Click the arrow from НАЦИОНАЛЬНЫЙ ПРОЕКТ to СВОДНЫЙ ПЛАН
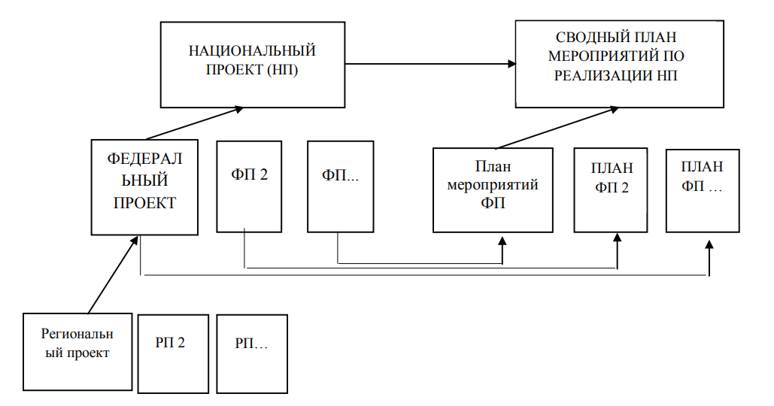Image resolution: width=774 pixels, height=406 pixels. tap(430, 64)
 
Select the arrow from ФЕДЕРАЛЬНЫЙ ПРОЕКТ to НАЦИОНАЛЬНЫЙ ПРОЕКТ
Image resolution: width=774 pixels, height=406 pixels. tap(195, 123)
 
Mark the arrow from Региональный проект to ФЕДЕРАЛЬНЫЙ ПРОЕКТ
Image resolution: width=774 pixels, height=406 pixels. tap(113, 274)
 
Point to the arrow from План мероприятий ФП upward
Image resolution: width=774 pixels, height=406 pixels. tap(557, 127)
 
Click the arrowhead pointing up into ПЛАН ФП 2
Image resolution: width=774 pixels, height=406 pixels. tap(617, 238)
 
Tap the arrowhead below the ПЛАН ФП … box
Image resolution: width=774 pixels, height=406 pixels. tap(709, 245)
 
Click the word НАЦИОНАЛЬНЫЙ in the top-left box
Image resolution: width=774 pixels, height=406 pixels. tap(252, 51)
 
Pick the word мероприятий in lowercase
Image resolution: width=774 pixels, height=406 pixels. tap(493, 186)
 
